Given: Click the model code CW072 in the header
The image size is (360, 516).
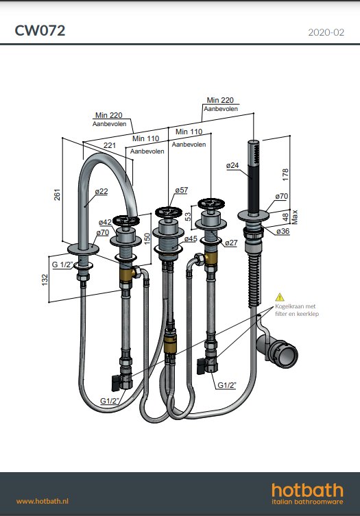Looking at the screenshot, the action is coord(40,31).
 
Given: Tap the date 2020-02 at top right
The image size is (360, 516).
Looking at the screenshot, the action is coord(326,32).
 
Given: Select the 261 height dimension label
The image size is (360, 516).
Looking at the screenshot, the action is coord(58,195).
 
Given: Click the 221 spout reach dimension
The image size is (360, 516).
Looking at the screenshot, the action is coord(110,145).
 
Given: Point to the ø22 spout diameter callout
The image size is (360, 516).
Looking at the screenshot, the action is coord(101,191).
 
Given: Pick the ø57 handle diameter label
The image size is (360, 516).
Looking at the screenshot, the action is coord(182,190).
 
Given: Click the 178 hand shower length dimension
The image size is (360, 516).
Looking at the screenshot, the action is coord(285,174).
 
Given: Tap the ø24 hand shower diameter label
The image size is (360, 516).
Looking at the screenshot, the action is coord(232,165).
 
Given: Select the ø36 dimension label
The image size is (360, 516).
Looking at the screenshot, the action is coord(283,231).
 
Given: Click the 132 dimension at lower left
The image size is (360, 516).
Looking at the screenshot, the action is coord(45,280).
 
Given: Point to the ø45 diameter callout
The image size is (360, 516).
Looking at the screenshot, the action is coord(191,238).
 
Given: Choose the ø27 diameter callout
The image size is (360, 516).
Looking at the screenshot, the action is coord(231,243).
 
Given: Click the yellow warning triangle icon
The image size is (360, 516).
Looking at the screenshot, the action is coord(280,297).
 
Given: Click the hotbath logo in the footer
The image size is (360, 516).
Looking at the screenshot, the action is coord(307,493).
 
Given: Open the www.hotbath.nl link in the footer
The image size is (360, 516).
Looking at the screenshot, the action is coord(43,501).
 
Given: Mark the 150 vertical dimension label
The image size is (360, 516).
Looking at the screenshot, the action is coord(147,238).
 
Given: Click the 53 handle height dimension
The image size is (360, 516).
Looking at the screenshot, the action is coord(188,217).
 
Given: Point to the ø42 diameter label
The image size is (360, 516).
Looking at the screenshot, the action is coord(105,222).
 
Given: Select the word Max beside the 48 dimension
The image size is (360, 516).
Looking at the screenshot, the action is coord(294,217).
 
